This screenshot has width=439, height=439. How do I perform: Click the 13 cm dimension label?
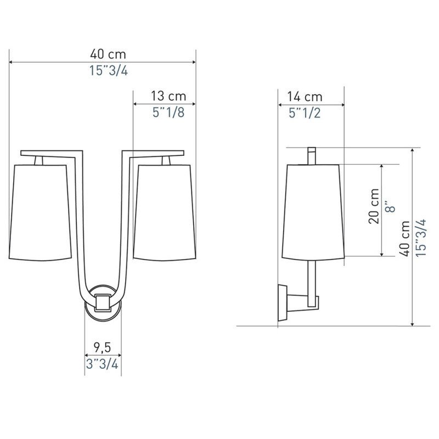coord(168,96)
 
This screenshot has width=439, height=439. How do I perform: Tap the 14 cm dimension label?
coord(305,97)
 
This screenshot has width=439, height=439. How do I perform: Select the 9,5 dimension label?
coord(102,347)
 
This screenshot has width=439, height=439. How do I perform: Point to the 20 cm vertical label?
coord(374,206)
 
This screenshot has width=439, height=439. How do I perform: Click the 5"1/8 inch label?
coord(168,112)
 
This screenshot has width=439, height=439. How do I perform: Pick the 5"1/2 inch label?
coord(305,113)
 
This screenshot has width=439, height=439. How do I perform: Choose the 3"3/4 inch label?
coord(102,364)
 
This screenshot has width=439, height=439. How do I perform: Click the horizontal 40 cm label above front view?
coord(108,54)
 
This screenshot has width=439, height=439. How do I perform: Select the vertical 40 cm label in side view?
coord(404,238)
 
